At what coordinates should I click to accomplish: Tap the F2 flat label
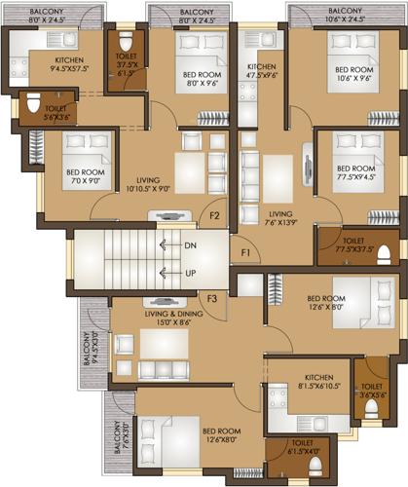click(214, 215)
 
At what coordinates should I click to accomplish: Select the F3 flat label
click(209, 297)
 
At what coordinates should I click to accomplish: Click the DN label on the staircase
click(190, 246)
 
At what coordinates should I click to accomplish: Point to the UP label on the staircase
click(190, 274)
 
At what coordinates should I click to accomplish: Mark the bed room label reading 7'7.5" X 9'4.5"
click(355, 172)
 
